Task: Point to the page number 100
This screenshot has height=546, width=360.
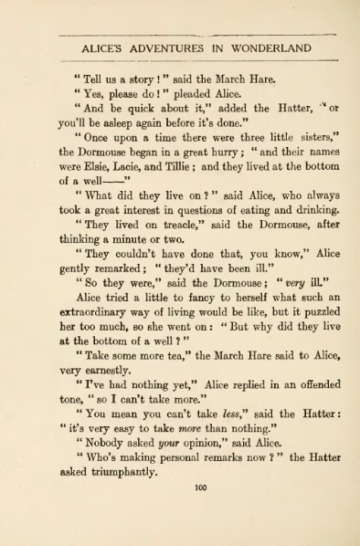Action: pyautogui.click(x=201, y=487)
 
